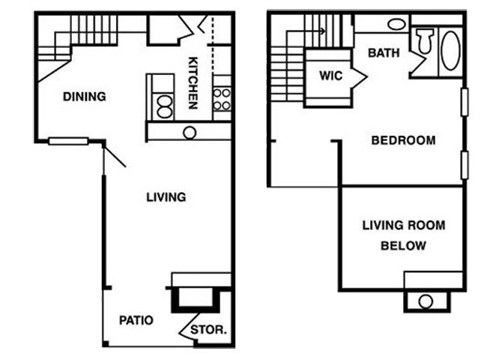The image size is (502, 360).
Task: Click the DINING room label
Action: coord(84,97)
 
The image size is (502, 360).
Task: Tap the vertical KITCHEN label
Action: coord(193,82)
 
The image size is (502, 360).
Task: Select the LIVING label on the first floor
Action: coord(166,197)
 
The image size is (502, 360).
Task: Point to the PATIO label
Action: coord(136,320)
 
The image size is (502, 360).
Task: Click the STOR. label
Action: coord(209,329)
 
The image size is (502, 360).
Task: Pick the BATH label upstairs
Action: coord(384,53)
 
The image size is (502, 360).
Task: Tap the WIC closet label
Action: coord(330,76)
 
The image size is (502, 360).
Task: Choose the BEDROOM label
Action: coord(403,140)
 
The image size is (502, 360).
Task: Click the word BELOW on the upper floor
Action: coord(403,245)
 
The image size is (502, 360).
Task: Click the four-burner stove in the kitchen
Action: coord(222,99)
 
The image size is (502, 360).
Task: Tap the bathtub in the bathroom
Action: coord(451,51)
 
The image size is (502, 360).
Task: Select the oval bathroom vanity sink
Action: coord(397,24)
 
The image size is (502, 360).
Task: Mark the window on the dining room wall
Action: coord(68,140)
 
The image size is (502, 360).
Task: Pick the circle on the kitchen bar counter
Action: coord(190,132)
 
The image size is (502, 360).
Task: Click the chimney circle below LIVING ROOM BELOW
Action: coord(426,301)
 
